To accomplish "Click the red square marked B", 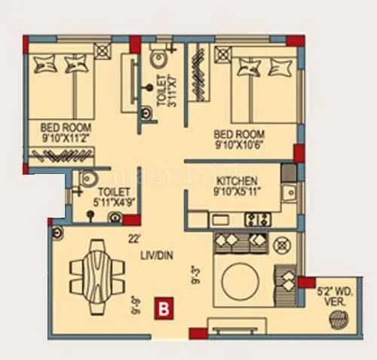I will pyautogui.click(x=161, y=307).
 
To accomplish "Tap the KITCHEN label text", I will pyautogui.click(x=238, y=182).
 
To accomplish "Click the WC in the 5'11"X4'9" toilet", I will pyautogui.click(x=87, y=181).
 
